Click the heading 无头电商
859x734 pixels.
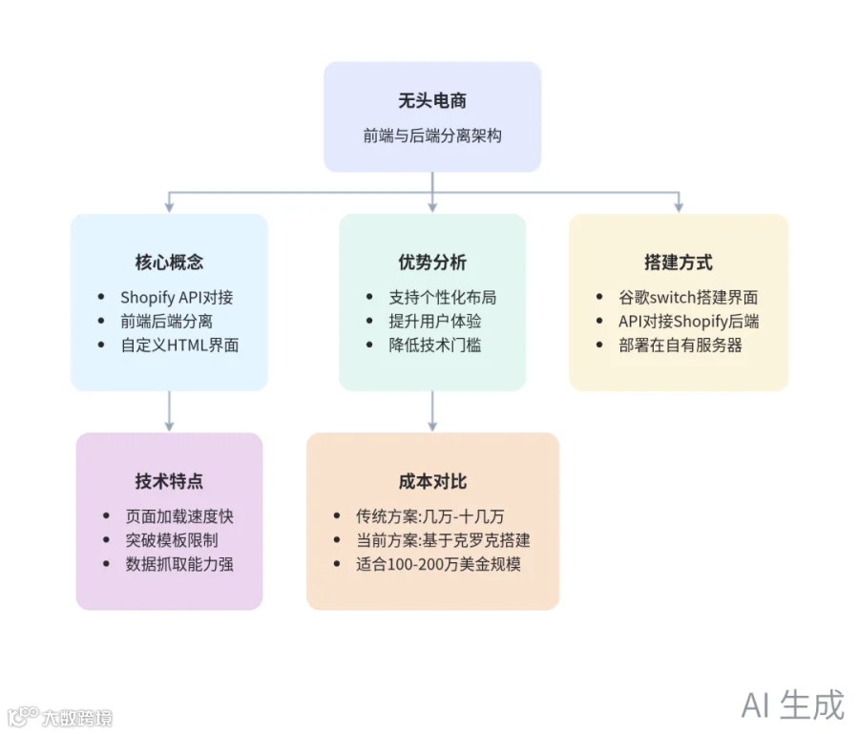(x=432, y=100)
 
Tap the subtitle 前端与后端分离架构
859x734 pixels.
(x=432, y=136)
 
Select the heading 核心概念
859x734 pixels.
(x=169, y=262)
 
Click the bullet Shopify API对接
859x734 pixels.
(x=177, y=298)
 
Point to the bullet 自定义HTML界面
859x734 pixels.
(x=179, y=345)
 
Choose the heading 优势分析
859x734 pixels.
(x=432, y=262)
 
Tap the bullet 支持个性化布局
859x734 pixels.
(x=442, y=298)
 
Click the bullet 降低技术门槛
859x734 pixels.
(x=434, y=345)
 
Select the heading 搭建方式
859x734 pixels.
(x=679, y=262)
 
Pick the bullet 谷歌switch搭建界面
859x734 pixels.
(x=688, y=298)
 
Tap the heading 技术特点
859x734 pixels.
(x=169, y=481)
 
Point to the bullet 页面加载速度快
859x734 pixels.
(x=179, y=516)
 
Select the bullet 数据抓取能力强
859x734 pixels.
(x=179, y=563)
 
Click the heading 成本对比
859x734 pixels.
(x=432, y=481)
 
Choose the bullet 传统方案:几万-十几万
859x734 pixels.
(x=429, y=516)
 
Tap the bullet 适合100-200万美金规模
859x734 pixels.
(x=438, y=563)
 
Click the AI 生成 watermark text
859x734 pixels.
(x=792, y=704)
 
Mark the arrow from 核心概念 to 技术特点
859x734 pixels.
(x=169, y=411)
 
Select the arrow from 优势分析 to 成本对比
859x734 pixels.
(x=432, y=411)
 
